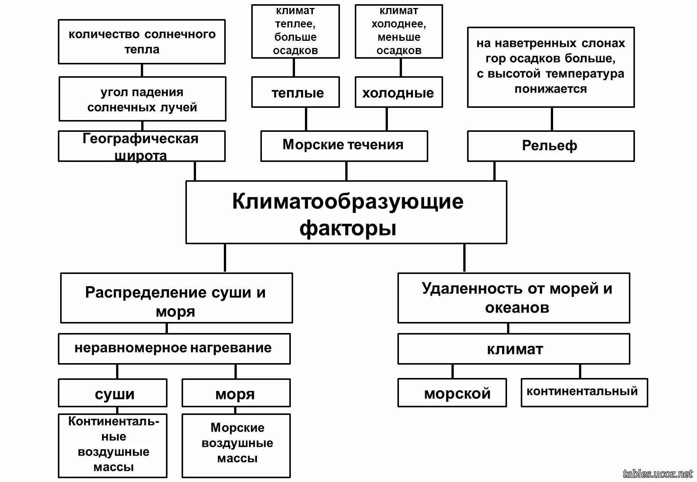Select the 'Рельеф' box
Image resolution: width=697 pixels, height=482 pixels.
550,146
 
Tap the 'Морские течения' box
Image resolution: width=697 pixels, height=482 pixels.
344,146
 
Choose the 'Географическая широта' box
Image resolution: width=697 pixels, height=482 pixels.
142,146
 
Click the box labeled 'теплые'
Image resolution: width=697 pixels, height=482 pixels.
295,93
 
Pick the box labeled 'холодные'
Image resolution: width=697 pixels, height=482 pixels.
399,93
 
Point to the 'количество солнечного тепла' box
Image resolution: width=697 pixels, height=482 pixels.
142,42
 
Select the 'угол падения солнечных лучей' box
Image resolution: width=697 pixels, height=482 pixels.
142,99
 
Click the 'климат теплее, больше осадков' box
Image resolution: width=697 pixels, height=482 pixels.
295,31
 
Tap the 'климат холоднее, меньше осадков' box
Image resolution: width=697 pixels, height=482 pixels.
399,31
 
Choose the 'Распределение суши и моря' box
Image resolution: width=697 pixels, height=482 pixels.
176,298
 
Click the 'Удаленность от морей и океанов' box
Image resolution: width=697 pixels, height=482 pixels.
514,298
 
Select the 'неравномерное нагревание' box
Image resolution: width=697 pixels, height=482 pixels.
174,349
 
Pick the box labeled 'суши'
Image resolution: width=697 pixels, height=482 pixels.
113,393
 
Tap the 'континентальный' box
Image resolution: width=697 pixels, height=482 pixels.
584,392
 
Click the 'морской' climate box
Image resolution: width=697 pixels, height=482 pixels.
452,393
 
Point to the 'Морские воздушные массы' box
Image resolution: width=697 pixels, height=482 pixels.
236,445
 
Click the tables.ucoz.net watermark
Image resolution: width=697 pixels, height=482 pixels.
657,474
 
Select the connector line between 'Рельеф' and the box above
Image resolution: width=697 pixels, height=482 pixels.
552,119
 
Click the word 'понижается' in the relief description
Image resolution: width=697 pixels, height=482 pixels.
550,89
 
